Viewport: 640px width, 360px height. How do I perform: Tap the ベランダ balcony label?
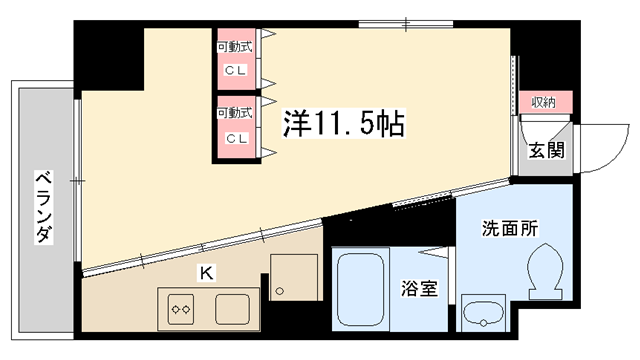click(43, 206)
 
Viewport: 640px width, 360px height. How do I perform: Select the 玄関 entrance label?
click(546, 151)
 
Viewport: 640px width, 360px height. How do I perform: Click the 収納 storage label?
click(544, 101)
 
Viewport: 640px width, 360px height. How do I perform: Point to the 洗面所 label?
click(509, 227)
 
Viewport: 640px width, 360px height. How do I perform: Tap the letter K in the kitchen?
click(206, 270)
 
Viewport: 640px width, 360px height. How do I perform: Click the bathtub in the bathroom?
click(362, 290)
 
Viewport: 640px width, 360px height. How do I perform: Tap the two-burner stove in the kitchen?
click(181, 308)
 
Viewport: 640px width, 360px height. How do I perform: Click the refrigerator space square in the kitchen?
click(293, 276)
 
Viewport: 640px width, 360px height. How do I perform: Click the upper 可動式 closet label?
click(236, 47)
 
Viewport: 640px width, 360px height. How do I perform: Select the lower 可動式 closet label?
click(236, 113)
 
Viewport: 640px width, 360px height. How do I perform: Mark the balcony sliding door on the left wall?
click(78, 180)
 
